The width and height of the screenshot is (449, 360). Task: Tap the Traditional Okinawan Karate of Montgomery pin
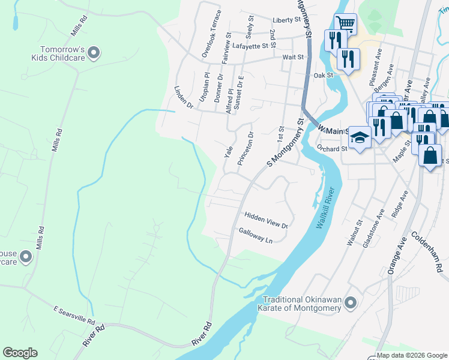click(x=351, y=303)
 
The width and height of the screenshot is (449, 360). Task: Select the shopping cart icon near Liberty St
click(x=345, y=24)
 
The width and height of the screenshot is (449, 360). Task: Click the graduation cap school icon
click(x=359, y=138)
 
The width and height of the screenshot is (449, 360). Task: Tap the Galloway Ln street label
click(x=256, y=235)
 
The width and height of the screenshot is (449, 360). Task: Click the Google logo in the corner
click(x=20, y=353)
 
